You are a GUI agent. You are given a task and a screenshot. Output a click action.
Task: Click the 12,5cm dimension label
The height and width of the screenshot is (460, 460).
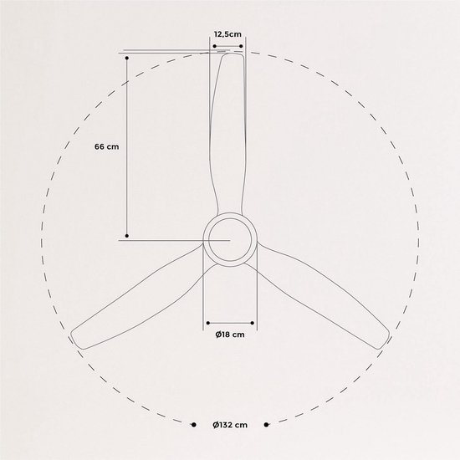tap(227, 34)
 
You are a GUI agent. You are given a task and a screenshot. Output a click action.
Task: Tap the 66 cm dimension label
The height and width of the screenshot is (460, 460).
tap(107, 146)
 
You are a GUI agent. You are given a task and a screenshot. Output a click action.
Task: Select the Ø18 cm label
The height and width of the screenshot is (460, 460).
tap(230, 335)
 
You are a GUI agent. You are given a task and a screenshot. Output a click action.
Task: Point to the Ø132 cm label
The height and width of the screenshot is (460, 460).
tap(230, 425)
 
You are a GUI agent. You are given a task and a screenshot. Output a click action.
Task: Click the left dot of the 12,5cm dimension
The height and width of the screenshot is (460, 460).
tap(214, 46)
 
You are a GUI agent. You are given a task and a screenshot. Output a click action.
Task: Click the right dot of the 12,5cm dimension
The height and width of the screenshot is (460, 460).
tap(241, 46)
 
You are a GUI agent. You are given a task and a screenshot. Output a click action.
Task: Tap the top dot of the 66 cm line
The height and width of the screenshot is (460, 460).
tap(127, 58)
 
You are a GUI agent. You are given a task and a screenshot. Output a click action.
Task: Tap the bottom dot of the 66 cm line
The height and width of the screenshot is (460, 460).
tap(127, 236)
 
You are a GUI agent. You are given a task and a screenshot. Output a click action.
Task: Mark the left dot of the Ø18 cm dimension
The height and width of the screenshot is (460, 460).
tap(208, 323)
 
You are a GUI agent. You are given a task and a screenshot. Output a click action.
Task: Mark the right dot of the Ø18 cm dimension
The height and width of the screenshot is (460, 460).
tap(253, 323)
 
